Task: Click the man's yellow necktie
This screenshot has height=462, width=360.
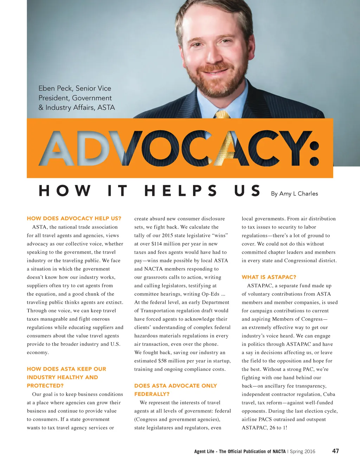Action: click(x=222, y=114)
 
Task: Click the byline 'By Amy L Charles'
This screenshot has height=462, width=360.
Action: click(x=294, y=193)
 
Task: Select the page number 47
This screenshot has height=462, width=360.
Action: click(x=335, y=451)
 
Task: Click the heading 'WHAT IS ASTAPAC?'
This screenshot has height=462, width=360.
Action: click(x=269, y=277)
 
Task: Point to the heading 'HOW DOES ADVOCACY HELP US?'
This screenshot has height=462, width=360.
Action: click(x=74, y=218)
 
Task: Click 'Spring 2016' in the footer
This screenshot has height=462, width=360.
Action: click(x=302, y=451)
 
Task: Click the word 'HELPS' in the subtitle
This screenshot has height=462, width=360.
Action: click(x=180, y=191)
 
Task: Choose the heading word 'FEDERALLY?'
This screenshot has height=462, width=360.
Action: click(x=152, y=394)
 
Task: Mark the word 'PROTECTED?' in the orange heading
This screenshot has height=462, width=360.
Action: click(x=45, y=385)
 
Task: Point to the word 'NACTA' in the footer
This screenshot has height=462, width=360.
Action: click(x=279, y=451)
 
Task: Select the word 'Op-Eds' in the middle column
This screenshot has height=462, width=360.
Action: click(x=211, y=294)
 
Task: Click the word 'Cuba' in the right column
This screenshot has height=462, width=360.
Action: click(x=329, y=394)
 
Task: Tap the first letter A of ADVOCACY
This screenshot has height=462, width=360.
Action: click(x=57, y=148)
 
